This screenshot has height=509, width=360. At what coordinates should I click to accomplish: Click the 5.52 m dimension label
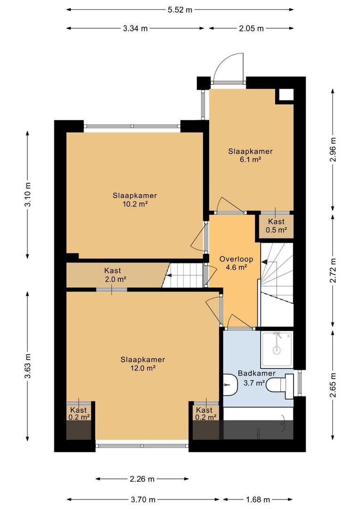[180, 10]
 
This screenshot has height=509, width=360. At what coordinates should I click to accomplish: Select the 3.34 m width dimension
[135, 28]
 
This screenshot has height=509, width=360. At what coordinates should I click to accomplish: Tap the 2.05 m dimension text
[251, 28]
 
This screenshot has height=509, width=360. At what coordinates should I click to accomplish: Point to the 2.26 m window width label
[142, 479]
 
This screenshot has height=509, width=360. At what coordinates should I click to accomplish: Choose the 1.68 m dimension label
[258, 499]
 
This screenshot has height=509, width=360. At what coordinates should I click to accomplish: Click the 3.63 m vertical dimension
[28, 366]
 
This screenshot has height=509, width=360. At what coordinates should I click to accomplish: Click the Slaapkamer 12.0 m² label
[142, 363]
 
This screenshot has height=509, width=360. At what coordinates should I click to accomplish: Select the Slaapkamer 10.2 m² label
[135, 200]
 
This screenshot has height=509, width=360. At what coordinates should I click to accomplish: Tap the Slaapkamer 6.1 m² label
[250, 155]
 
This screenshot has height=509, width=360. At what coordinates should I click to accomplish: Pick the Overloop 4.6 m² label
[236, 263]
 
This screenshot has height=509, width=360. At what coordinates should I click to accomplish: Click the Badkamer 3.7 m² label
[256, 378]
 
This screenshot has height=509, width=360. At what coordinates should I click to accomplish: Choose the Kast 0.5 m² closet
[276, 226]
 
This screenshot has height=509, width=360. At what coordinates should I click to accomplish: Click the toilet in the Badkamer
[279, 386]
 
